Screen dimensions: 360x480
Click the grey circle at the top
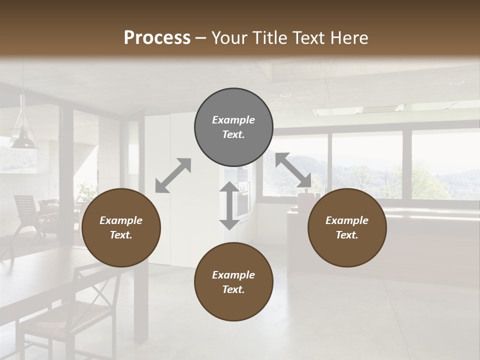(233, 127)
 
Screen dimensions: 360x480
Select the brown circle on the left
(121, 227)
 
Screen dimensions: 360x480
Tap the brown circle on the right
(347, 227)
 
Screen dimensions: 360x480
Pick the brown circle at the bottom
(233, 282)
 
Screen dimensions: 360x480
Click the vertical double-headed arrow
(229, 205)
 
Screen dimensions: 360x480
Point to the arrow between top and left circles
(173, 175)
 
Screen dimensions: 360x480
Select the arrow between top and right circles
(293, 170)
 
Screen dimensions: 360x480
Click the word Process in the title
(157, 37)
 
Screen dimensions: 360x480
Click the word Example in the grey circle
(233, 120)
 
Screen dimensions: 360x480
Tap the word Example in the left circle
(121, 220)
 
